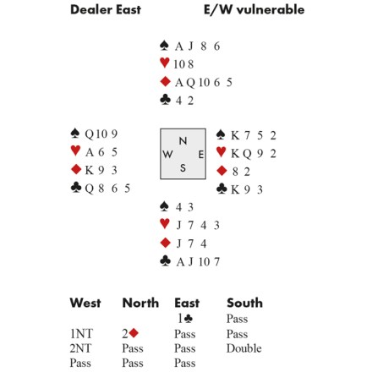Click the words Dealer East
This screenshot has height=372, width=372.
click(x=106, y=9)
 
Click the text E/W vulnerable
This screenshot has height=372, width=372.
click(x=254, y=9)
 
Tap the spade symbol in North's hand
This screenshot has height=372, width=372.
click(x=164, y=46)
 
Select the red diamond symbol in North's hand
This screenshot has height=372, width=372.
click(x=165, y=81)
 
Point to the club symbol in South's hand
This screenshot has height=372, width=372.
click(x=165, y=261)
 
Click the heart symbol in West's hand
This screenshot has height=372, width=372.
click(x=75, y=150)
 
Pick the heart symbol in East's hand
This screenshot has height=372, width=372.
click(x=222, y=152)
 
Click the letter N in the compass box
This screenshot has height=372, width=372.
click(x=183, y=140)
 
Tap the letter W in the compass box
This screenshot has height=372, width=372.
click(x=167, y=154)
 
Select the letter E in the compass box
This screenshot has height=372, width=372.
click(x=201, y=155)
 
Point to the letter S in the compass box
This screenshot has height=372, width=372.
click(x=183, y=168)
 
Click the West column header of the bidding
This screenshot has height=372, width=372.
click(x=85, y=303)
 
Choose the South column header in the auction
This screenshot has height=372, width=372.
click(x=244, y=303)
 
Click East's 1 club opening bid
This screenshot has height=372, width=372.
click(x=185, y=319)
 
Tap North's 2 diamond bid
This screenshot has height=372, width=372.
click(x=130, y=333)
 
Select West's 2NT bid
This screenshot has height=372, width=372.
click(x=80, y=348)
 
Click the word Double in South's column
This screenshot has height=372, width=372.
click(x=244, y=348)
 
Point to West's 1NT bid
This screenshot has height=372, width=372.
click(x=81, y=334)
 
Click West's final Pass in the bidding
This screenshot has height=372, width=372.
click(x=80, y=363)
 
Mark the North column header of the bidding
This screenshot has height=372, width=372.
click(x=140, y=303)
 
